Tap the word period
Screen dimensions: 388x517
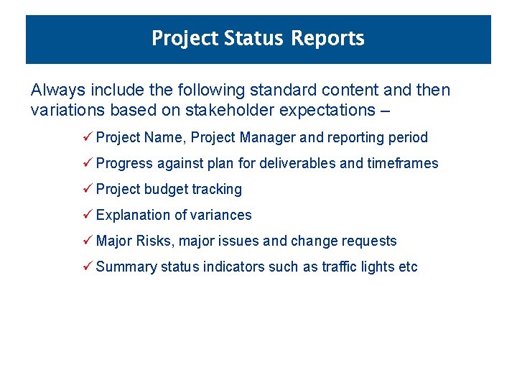point(406,138)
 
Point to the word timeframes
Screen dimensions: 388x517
point(403,164)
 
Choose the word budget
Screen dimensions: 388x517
point(167,190)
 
